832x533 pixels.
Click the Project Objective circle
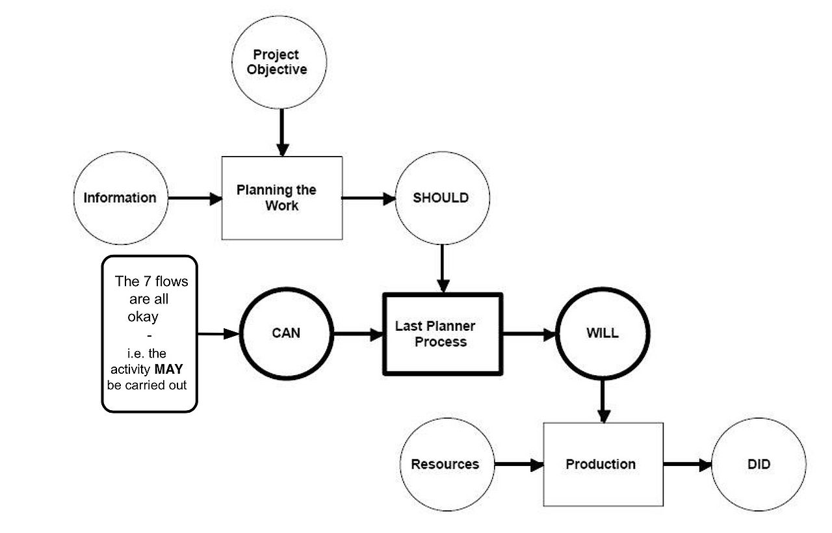pyautogui.click(x=279, y=62)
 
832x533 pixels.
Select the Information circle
pyautogui.click(x=120, y=198)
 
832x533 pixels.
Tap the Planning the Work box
pyautogui.click(x=282, y=198)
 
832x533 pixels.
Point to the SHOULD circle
pyautogui.click(x=441, y=198)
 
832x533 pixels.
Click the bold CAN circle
pyautogui.click(x=286, y=333)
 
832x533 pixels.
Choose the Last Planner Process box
pyautogui.click(x=443, y=334)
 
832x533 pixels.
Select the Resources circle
pyautogui.click(x=445, y=464)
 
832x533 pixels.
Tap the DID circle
pyautogui.click(x=759, y=464)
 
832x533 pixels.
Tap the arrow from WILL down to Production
pyautogui.click(x=603, y=400)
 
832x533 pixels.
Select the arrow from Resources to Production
pyautogui.click(x=519, y=465)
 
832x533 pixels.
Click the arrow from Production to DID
pyautogui.click(x=687, y=465)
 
